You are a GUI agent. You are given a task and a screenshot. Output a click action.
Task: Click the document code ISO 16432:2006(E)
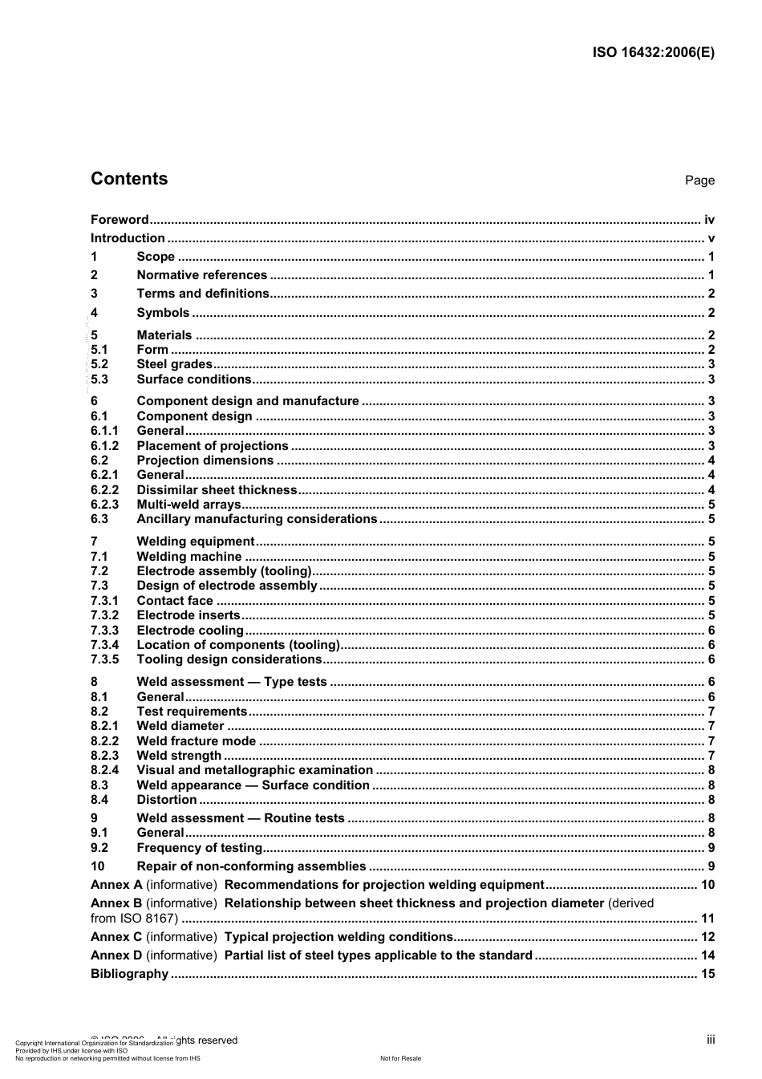653,53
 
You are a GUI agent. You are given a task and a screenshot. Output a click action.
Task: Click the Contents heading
129,179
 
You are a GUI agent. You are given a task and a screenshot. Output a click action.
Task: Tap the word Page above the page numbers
699,181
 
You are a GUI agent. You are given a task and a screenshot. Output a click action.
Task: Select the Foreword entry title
120,220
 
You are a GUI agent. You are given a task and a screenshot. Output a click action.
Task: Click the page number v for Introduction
711,238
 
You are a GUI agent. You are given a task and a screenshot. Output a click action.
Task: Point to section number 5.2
99,364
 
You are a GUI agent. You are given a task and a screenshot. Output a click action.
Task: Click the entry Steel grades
174,364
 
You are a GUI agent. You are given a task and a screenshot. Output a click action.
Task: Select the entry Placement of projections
212,446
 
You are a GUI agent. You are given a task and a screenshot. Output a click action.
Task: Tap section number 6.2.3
104,505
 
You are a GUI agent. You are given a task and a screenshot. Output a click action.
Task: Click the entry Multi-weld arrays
188,505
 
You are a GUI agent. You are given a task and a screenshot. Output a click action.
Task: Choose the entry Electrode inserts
188,615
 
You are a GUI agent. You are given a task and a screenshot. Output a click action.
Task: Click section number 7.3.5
104,659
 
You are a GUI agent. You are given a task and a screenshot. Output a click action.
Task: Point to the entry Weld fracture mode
196,741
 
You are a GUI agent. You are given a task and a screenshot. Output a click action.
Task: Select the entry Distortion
166,800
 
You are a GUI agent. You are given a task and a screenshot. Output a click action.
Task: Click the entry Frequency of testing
199,848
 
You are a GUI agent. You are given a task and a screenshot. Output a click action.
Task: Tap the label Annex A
116,885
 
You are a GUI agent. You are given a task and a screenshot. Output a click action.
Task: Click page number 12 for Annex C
707,937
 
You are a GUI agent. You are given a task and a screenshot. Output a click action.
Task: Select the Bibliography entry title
129,974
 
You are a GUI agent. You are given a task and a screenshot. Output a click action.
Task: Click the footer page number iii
711,1040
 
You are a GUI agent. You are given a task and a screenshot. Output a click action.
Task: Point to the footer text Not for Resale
400,1058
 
